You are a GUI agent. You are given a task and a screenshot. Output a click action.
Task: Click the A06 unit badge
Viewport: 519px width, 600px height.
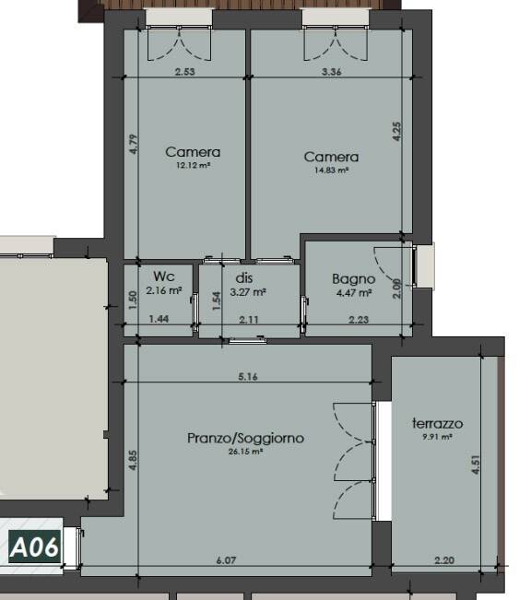click(x=35, y=547)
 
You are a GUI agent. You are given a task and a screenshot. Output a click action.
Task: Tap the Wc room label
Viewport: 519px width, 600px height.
click(x=164, y=276)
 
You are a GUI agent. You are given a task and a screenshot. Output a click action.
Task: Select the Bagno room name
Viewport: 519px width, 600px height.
click(x=353, y=279)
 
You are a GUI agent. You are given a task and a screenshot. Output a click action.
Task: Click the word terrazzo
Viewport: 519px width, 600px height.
click(x=438, y=424)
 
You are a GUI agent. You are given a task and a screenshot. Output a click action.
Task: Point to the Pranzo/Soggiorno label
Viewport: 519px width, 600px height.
click(x=246, y=438)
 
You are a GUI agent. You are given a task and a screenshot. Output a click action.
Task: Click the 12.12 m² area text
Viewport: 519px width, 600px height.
click(x=194, y=166)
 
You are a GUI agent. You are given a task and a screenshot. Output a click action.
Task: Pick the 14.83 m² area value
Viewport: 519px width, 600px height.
click(x=332, y=171)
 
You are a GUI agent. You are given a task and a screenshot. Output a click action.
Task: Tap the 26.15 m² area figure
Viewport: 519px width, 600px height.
click(x=246, y=452)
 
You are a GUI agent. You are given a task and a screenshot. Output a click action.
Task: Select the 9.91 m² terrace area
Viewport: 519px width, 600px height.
click(x=438, y=437)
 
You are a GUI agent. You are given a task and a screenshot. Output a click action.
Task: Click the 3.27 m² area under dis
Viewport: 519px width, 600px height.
click(x=248, y=292)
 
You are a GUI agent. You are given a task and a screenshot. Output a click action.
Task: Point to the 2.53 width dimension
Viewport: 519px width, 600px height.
click(x=185, y=72)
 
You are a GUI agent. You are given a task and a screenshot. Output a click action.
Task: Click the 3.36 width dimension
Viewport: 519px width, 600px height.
click(x=332, y=72)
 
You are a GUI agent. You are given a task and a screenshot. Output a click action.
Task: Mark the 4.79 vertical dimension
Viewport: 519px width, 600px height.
click(x=133, y=145)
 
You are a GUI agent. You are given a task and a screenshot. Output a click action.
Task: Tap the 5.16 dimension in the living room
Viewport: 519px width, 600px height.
click(x=248, y=377)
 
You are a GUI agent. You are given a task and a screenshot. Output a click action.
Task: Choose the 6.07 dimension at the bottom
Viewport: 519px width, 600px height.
click(x=226, y=560)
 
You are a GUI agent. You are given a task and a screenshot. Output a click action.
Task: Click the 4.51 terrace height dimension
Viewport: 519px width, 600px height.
click(x=476, y=465)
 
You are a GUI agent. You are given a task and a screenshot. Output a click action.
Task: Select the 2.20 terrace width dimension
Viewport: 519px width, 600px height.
click(x=444, y=560)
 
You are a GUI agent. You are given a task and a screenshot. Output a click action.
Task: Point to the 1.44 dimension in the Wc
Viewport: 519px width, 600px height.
click(x=159, y=319)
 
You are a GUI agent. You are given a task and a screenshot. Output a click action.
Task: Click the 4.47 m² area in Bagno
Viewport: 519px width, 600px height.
click(x=354, y=293)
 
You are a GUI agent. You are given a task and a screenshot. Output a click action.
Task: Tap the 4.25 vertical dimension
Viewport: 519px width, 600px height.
click(x=397, y=131)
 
